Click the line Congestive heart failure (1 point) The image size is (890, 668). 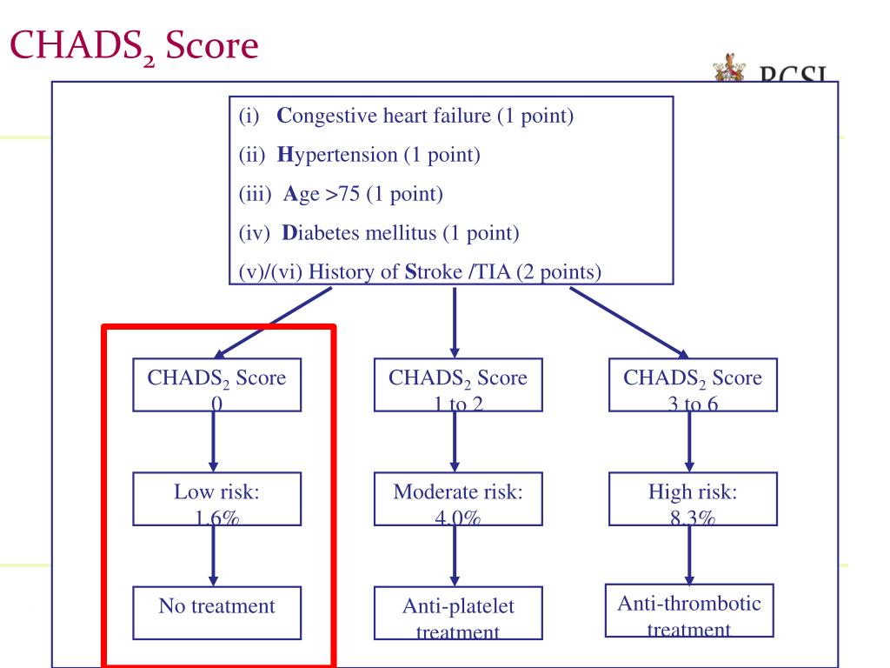406,117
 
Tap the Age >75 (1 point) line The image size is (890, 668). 342,194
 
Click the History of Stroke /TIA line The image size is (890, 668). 420,271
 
